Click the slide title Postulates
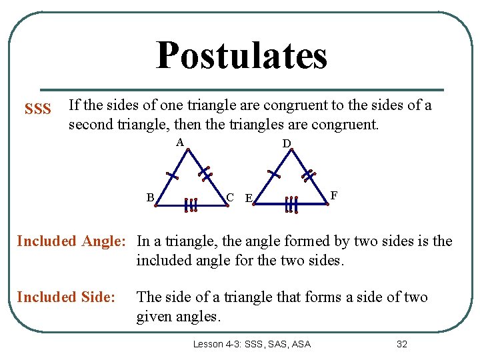point(241,55)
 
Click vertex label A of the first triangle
point(179,142)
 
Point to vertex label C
point(229,197)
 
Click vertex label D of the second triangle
point(286,143)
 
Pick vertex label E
point(248,198)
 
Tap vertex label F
point(334,195)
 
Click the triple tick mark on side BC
point(191,205)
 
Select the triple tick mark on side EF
point(291,205)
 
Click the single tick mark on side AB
point(173,176)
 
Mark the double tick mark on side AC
point(206,173)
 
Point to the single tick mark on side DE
point(273,174)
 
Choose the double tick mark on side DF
point(307,175)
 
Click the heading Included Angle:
point(71,241)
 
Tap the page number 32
point(401,344)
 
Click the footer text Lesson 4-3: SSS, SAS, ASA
point(251,344)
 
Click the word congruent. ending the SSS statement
point(343,124)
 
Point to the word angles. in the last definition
point(198,317)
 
